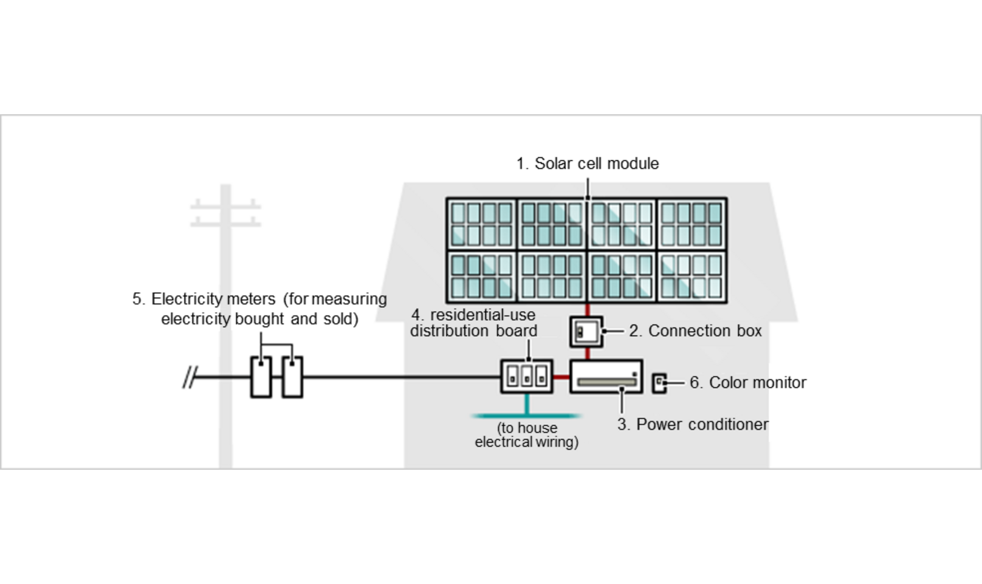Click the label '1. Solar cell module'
[587, 163]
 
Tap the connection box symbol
[586, 332]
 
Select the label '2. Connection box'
[695, 331]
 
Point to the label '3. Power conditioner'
[693, 424]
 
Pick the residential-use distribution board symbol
[527, 377]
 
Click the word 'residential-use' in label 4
[482, 315]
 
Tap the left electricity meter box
[261, 377]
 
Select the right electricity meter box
[292, 377]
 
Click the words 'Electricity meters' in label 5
[213, 299]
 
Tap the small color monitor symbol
[659, 383]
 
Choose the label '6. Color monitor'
[747, 383]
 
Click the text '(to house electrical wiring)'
[526, 435]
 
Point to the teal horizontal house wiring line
[526, 416]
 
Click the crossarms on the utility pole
[225, 213]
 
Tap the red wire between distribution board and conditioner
[561, 377]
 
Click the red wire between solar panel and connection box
[587, 310]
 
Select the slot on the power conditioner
[606, 383]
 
